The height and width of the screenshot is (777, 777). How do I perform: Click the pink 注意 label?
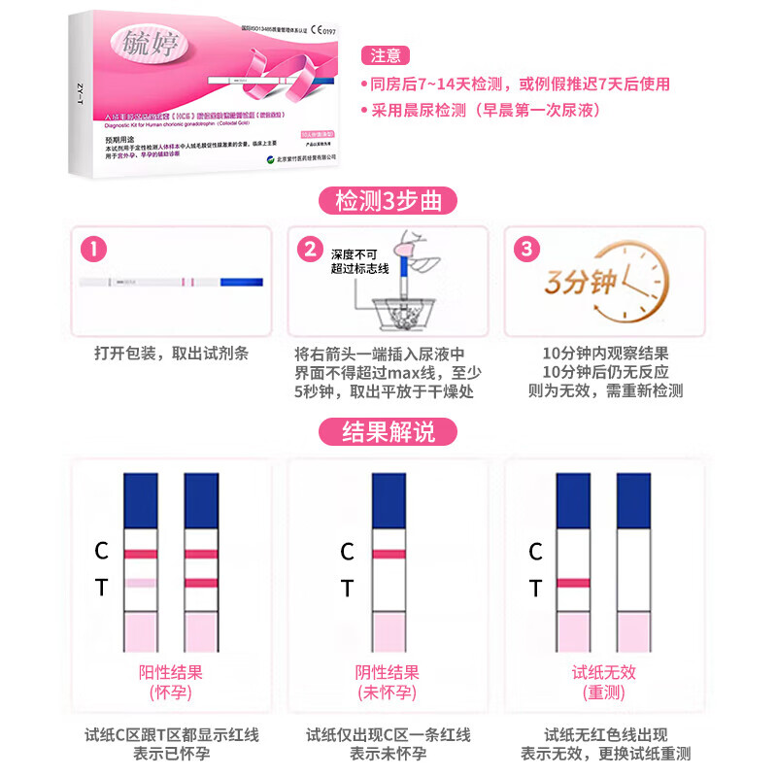tap(386, 55)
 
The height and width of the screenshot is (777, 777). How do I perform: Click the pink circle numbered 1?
tap(93, 249)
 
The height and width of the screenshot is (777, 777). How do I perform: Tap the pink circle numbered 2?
tap(310, 249)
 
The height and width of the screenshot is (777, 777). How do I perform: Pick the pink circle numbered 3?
tap(525, 249)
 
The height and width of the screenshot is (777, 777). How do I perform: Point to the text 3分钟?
tap(580, 283)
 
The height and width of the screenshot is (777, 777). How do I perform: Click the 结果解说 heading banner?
tap(388, 431)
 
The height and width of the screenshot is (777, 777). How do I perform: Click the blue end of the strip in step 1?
tap(242, 282)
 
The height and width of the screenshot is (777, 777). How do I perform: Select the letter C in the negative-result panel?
tap(347, 553)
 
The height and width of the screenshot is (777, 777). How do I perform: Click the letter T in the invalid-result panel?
tap(534, 589)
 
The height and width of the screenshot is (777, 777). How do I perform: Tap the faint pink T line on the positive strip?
tap(140, 583)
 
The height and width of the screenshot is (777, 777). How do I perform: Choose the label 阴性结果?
tap(387, 672)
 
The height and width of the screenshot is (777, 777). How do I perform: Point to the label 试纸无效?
tap(603, 672)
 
